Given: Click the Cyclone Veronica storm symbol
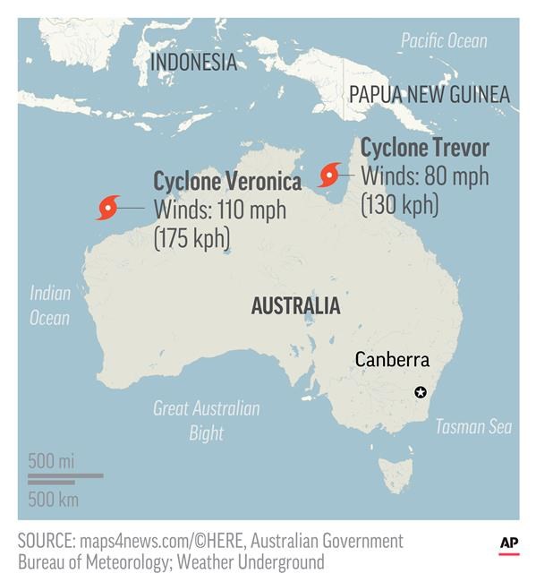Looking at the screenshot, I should tap(108, 208).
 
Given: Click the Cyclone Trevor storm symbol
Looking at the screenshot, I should tap(330, 174).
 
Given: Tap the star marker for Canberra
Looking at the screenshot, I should tap(421, 392).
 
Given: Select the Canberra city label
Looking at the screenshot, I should tap(392, 360).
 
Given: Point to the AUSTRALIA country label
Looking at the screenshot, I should tap(295, 306).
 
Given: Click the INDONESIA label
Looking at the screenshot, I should tap(193, 62).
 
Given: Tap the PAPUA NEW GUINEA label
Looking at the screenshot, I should tap(429, 94).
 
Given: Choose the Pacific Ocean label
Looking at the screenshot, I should tap(444, 40).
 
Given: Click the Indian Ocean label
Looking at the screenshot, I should tap(50, 305).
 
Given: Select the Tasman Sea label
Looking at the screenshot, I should tap(473, 426).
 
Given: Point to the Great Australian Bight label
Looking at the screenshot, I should tap(207, 421).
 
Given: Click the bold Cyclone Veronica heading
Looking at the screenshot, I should tap(227, 182).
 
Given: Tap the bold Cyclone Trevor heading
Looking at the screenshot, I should tap(424, 148).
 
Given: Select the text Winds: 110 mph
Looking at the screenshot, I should tap(220, 211).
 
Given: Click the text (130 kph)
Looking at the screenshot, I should tap(399, 204).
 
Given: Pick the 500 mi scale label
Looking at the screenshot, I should tap(51, 461).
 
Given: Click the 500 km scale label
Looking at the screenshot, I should tap(53, 499).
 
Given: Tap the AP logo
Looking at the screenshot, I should tap(508, 543).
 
